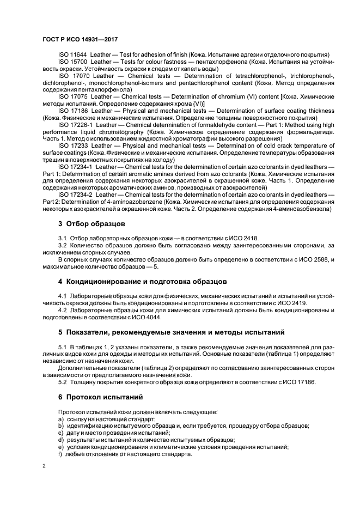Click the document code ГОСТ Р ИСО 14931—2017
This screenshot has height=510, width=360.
(x=80, y=39)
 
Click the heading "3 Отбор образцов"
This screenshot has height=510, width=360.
(x=91, y=223)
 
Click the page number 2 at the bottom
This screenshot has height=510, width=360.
(x=44, y=466)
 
